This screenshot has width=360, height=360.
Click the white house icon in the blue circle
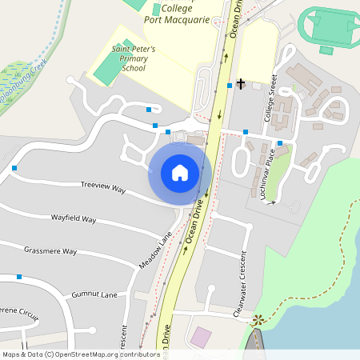pyautogui.click(x=179, y=172)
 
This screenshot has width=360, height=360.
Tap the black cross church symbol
pyautogui.click(x=240, y=83)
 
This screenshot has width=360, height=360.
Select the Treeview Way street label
pyautogui.click(x=104, y=189)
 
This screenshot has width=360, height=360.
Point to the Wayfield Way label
pyautogui.click(x=74, y=218)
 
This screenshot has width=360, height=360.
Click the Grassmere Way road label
pyautogui.click(x=50, y=250)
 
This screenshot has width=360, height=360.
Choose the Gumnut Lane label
pyautogui.click(x=94, y=295)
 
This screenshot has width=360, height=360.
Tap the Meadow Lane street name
pyautogui.click(x=156, y=251)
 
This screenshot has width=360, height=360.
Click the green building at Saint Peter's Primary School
pyautogui.click(x=105, y=70)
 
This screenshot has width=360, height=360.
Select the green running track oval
pyautogui.click(x=328, y=27)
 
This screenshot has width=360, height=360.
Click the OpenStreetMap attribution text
pyautogui.click(x=80, y=354)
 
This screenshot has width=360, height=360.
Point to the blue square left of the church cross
pyautogui.click(x=230, y=85)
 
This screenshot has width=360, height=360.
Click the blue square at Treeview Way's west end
pyautogui.click(x=15, y=168)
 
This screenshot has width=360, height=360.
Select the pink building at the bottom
pyautogui.click(x=201, y=337)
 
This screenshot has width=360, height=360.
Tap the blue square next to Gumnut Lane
pyautogui.click(x=18, y=277)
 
